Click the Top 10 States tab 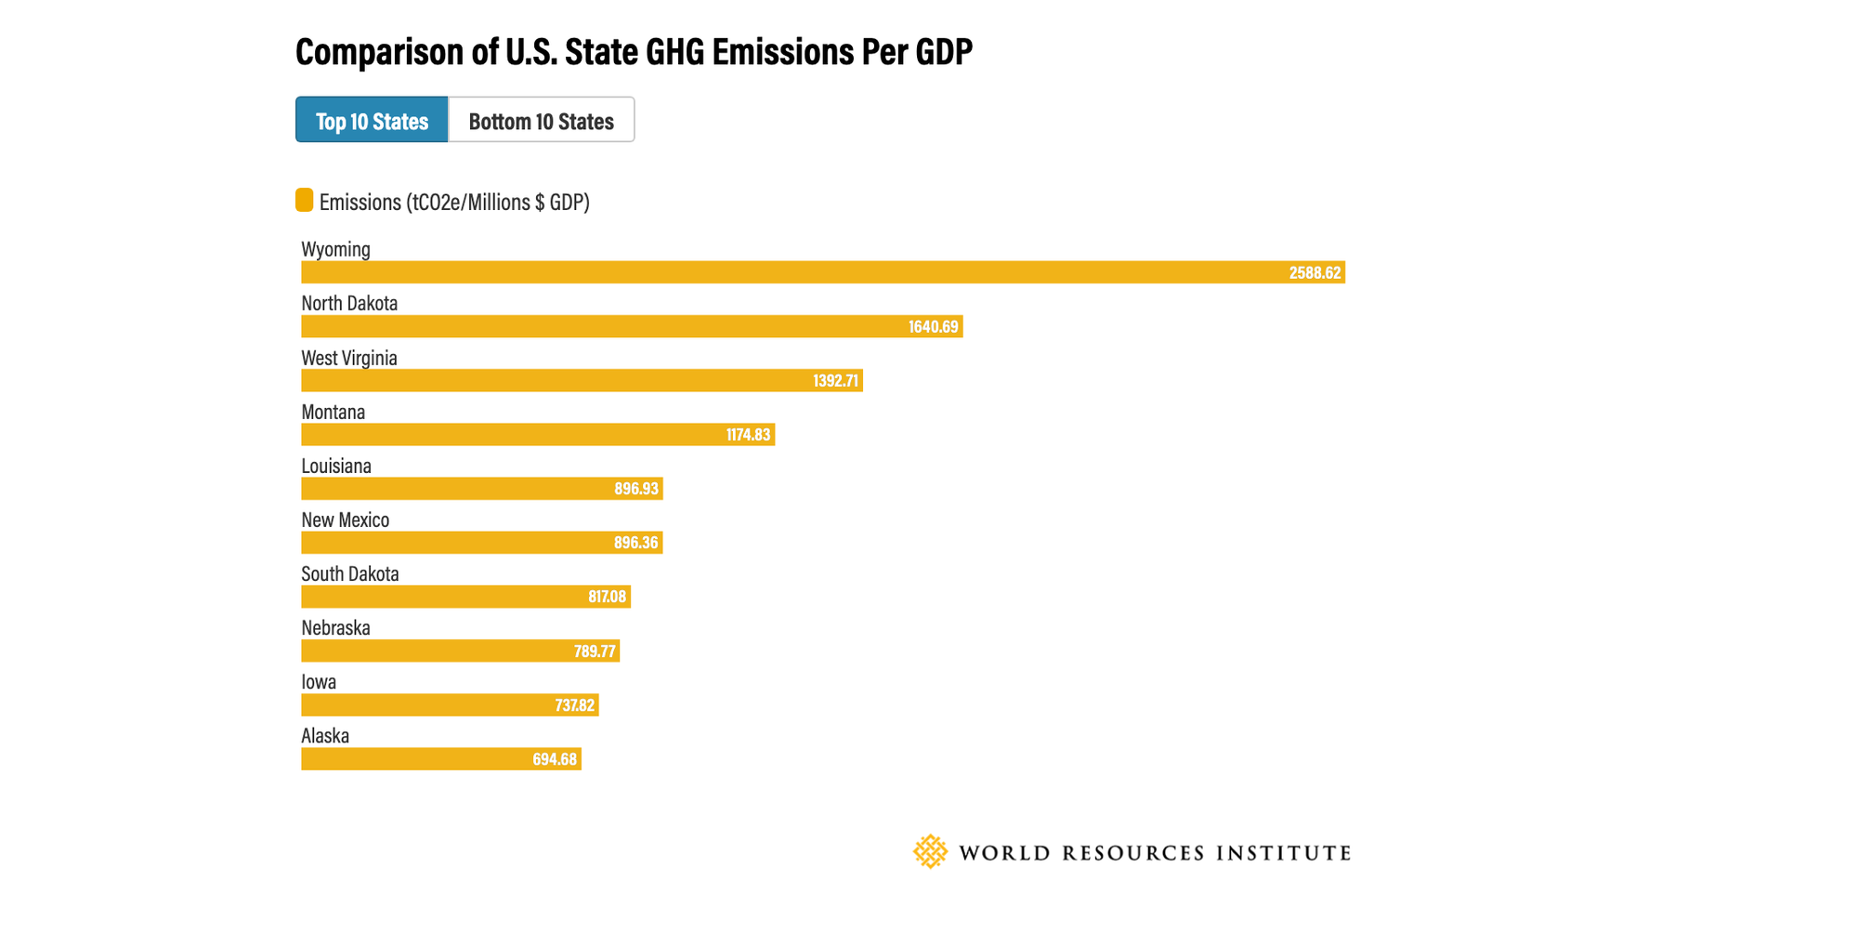[x=372, y=120]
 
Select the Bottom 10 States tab [x=541, y=120]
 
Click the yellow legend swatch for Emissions [x=304, y=200]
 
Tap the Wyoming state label [x=335, y=249]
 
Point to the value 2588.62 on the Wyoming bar [x=1315, y=272]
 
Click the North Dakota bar [x=632, y=326]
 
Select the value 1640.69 [x=933, y=326]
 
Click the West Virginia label [x=349, y=358]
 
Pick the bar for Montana [x=538, y=434]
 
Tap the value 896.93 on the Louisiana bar [x=636, y=488]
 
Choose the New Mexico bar [x=481, y=542]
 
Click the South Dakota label [x=350, y=573]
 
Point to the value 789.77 [x=595, y=650]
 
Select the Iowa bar [x=450, y=704]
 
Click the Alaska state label [x=325, y=736]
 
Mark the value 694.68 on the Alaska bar [x=555, y=759]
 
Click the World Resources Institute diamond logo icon [x=930, y=851]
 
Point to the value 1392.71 [x=835, y=380]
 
